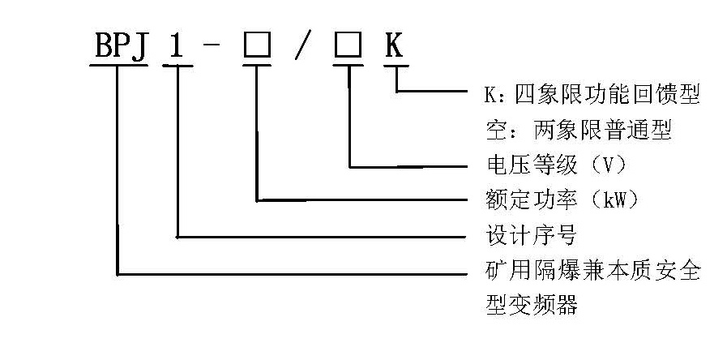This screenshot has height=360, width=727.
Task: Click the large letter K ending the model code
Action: pyautogui.click(x=394, y=46)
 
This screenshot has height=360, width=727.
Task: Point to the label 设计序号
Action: pyautogui.click(x=531, y=235)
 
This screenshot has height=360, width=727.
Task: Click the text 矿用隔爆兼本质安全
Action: pyautogui.click(x=592, y=270)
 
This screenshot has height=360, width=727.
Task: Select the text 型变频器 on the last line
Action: pyautogui.click(x=532, y=305)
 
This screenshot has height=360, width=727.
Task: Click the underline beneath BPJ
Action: pyautogui.click(x=118, y=66)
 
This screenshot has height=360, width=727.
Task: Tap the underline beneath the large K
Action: pyautogui.click(x=396, y=66)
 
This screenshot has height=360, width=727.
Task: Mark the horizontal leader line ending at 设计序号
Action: pyautogui.click(x=322, y=237)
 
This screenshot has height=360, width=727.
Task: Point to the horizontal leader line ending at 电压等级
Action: pyautogui.click(x=408, y=166)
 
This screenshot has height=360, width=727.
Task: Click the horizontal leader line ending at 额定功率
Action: pyautogui.click(x=361, y=200)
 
